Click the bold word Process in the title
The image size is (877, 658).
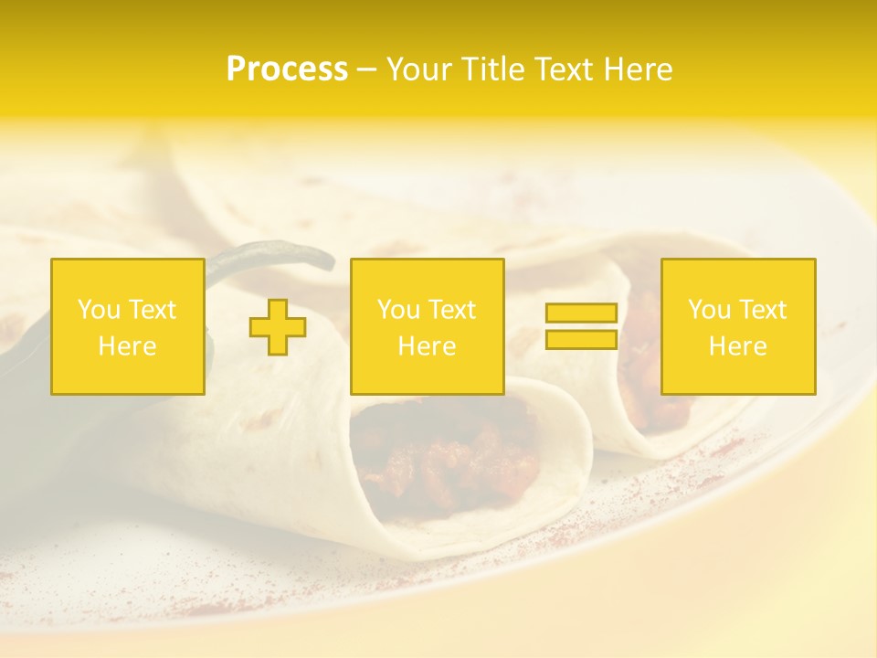(x=287, y=69)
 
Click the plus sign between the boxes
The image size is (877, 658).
(x=278, y=327)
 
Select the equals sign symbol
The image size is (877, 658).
(x=581, y=326)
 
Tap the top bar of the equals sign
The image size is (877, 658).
(x=581, y=313)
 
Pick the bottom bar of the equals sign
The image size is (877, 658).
(x=581, y=340)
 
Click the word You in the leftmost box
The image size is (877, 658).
(x=99, y=310)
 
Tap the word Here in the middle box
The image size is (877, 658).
(x=428, y=346)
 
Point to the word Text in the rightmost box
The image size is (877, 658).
(x=764, y=310)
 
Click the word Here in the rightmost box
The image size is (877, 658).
(x=738, y=346)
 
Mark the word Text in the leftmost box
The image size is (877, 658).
(x=153, y=310)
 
